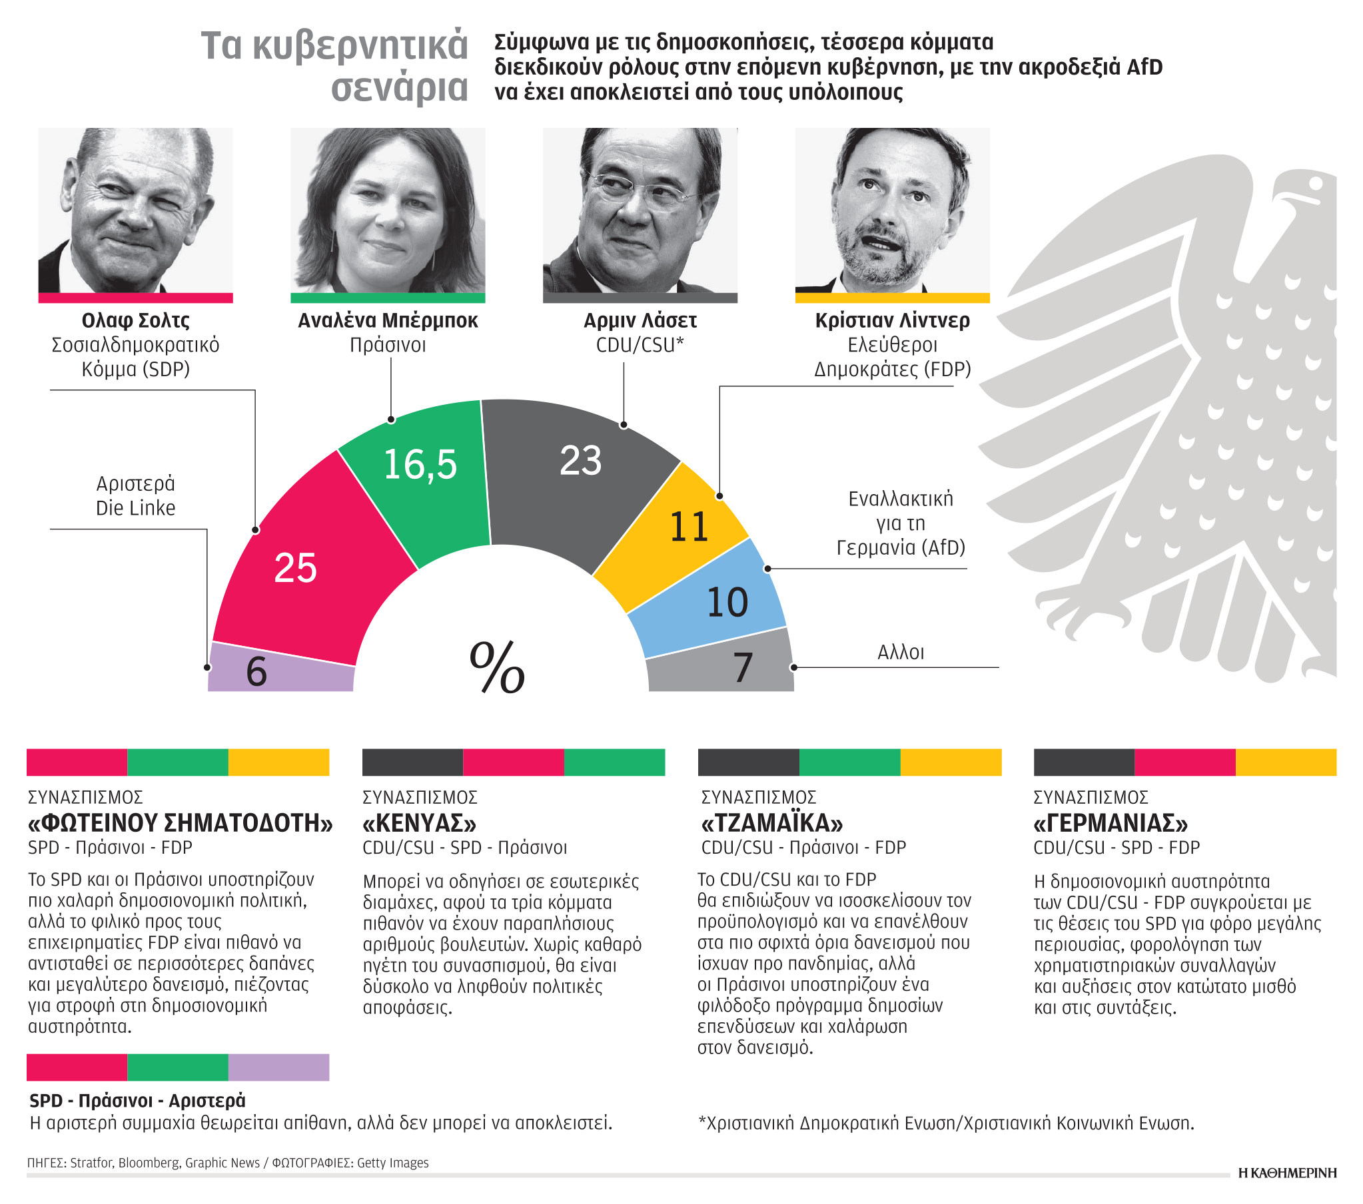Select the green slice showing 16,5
point(420,480)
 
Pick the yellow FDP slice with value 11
point(680,533)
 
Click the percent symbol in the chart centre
point(497,667)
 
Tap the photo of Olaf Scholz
point(135,210)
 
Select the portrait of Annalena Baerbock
point(388,210)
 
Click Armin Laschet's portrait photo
point(640,210)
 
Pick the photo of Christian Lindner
point(892,210)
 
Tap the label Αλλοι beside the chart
point(900,653)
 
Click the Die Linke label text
point(135,508)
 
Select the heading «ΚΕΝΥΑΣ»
point(420,823)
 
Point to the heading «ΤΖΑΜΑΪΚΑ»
point(771,823)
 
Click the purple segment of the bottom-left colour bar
point(278,1067)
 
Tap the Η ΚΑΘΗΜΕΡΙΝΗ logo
point(1287,1173)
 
